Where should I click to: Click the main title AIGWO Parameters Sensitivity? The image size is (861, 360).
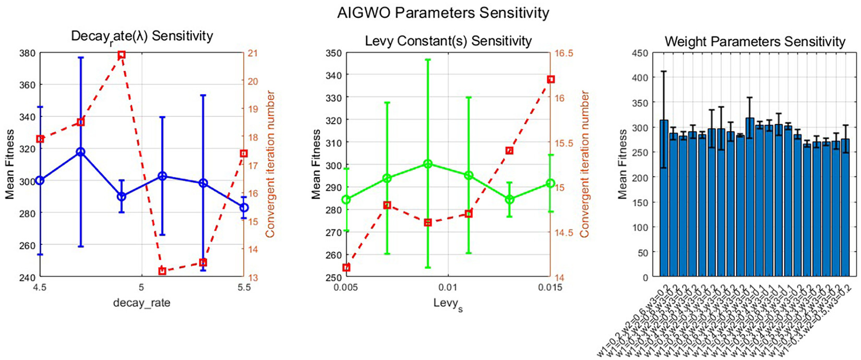443,12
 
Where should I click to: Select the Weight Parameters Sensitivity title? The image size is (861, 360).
755,42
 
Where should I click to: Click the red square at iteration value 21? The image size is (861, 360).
122,55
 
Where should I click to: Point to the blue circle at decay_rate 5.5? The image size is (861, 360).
244,208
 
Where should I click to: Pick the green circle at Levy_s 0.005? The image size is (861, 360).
346,200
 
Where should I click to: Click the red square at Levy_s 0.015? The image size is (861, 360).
551,79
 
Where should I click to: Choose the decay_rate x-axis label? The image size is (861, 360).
141,303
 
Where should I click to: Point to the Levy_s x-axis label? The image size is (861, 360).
448,304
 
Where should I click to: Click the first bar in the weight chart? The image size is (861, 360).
664,198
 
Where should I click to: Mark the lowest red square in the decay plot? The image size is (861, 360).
162,271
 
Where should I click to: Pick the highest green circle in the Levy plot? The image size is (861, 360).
428,164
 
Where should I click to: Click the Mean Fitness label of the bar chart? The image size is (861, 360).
623,165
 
